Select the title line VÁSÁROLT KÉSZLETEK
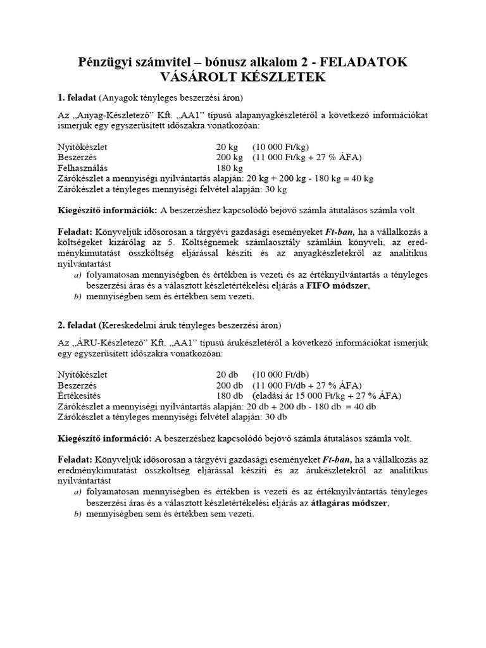tap(243, 78)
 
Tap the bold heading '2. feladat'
tap(77, 325)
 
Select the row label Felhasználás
tap(80, 168)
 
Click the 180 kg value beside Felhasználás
tap(229, 168)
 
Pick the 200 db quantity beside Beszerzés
tap(229, 385)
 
